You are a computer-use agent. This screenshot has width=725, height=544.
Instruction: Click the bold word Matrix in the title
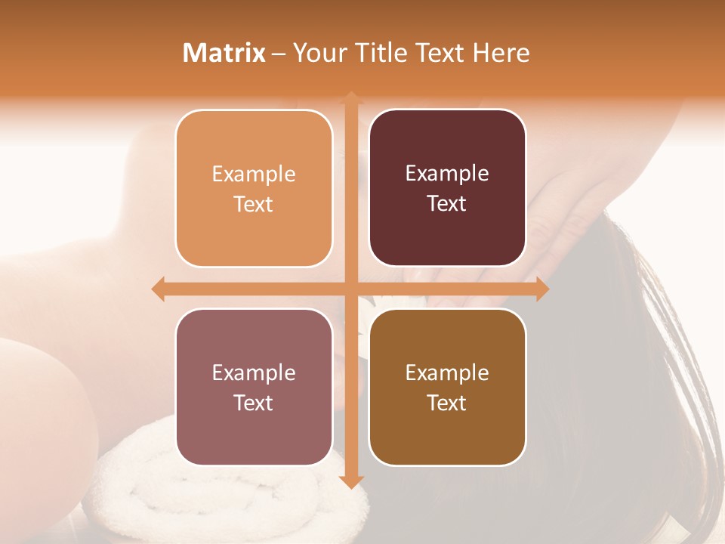tap(224, 53)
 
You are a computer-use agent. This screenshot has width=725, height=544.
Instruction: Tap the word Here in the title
tap(501, 53)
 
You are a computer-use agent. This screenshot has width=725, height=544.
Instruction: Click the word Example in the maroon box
tap(447, 174)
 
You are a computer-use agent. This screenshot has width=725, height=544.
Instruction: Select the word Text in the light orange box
tap(254, 205)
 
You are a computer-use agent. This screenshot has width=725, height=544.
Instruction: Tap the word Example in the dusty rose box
tap(254, 372)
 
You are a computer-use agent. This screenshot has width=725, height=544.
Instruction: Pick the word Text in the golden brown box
tap(447, 403)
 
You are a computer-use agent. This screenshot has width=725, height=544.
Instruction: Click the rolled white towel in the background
tap(227, 491)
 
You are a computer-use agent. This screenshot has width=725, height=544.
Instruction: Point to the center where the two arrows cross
tap(350, 289)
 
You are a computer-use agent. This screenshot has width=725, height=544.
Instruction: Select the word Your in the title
tap(317, 53)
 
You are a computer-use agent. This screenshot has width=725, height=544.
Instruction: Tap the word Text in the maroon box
tap(447, 204)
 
